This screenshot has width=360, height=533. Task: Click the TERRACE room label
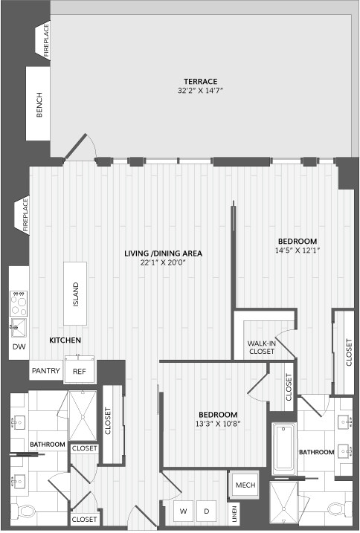pyautogui.click(x=200, y=82)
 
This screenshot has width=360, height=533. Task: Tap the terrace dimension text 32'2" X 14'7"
pyautogui.click(x=200, y=91)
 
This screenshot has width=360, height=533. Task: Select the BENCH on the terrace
pyautogui.click(x=38, y=103)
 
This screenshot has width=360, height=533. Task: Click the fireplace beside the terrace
pyautogui.click(x=44, y=40)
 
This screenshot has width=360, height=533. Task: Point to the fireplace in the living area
pyautogui.click(x=22, y=215)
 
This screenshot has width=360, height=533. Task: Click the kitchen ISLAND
pyautogui.click(x=75, y=294)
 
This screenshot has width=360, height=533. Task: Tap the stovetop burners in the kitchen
pyautogui.click(x=19, y=303)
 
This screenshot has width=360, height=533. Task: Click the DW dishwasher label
pyautogui.click(x=19, y=346)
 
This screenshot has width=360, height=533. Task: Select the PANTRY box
pyautogui.click(x=46, y=370)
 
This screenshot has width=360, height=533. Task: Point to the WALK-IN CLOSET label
pyautogui.click(x=262, y=347)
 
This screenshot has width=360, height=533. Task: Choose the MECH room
pyautogui.click(x=245, y=485)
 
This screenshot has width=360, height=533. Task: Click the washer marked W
pyautogui.click(x=184, y=511)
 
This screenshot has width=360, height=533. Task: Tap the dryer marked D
pyautogui.click(x=206, y=511)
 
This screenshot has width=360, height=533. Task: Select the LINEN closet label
pyautogui.click(x=234, y=514)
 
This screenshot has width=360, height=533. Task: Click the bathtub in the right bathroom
pyautogui.click(x=284, y=448)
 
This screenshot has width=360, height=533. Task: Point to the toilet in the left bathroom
pyautogui.click(x=25, y=511)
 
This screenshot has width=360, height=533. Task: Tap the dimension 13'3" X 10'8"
pyautogui.click(x=218, y=424)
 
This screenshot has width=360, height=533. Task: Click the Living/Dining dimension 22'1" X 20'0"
pyautogui.click(x=164, y=262)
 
